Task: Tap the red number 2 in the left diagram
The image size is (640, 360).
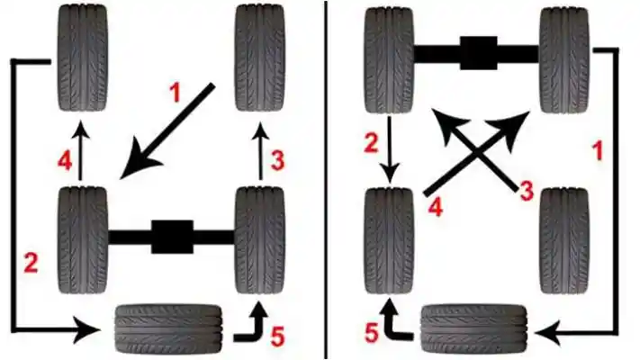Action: [x=32, y=264]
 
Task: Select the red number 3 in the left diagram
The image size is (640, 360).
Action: [x=278, y=161]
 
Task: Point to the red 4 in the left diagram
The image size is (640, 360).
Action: [x=64, y=163]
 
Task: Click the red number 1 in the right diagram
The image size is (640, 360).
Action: [x=595, y=150]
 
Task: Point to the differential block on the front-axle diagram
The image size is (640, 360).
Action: [x=476, y=53]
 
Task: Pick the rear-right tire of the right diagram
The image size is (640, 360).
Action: [x=564, y=240]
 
